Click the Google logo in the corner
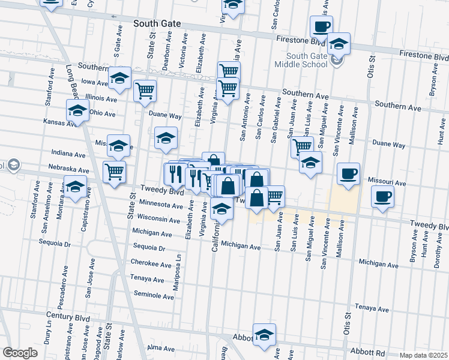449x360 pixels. pos(20,353)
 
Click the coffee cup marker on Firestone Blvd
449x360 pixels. pos(321,27)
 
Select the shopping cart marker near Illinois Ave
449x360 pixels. pos(145,91)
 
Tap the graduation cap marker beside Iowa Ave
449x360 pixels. pos(119,78)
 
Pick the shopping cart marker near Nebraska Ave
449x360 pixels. pos(114,172)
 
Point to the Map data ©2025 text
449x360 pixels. pos(423,355)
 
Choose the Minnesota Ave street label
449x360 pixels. pos(160,205)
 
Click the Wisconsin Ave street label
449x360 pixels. pos(158,220)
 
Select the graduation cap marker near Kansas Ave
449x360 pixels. pos(77,111)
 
